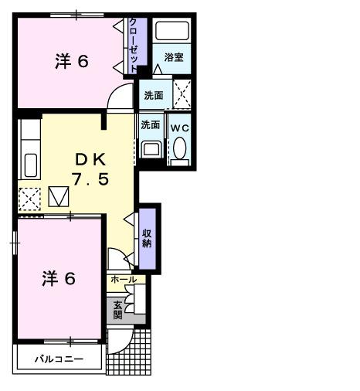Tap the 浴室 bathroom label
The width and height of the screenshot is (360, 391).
coord(174,57)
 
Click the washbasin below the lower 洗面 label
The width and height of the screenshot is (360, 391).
coord(151,149)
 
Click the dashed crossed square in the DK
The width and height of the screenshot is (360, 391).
coord(30,199)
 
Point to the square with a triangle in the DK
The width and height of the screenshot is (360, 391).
coord(59,198)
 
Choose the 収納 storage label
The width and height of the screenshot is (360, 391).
coord(147,239)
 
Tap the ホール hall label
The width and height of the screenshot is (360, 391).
coord(124,280)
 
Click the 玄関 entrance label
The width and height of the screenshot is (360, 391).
coord(117,309)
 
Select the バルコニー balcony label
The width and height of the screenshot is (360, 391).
coord(58,359)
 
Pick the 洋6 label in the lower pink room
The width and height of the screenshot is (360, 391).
coord(59,278)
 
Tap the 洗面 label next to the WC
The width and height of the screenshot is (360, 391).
coord(150,124)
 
